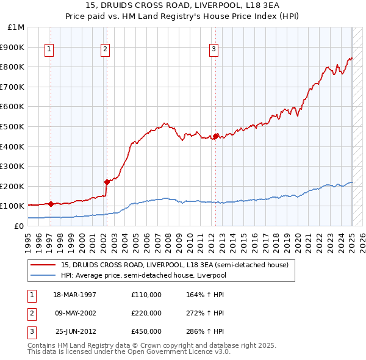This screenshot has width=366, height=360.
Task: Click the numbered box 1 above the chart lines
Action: coord(49,50)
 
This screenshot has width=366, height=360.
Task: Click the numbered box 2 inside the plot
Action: coord(105,50)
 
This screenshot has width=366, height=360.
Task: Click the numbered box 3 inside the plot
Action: coord(214,50)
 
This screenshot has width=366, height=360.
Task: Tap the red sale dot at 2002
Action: coord(107,181)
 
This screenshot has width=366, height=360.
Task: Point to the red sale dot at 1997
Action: coord(51,204)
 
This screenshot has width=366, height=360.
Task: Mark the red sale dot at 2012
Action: coord(216,137)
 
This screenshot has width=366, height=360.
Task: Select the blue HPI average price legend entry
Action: coord(152,275)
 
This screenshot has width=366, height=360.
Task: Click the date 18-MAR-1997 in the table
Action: coord(75,295)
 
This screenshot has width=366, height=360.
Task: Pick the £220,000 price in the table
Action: coord(146,313)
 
